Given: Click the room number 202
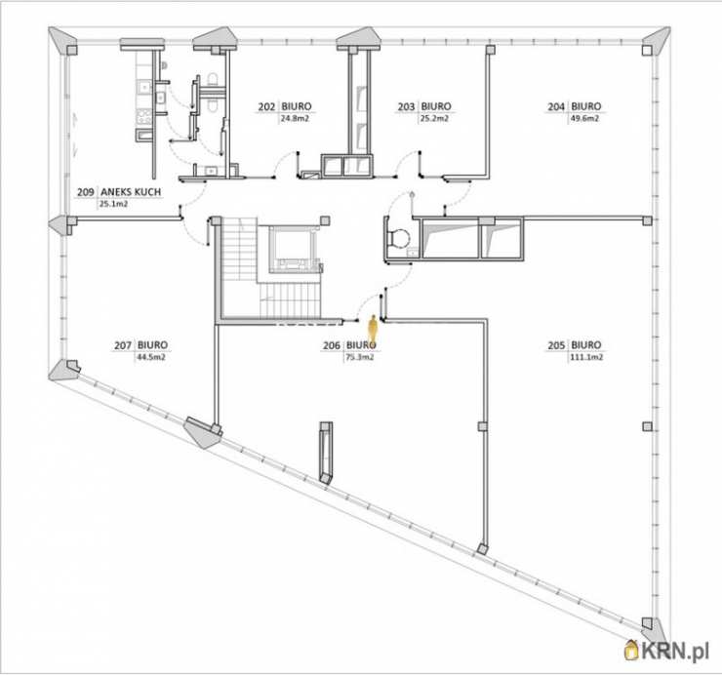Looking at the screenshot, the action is [x=266, y=107].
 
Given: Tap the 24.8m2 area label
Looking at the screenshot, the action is [x=295, y=119].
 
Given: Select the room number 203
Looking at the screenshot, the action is [x=406, y=107].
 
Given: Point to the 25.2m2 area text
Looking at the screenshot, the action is [x=435, y=119].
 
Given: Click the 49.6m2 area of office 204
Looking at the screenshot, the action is [x=584, y=119].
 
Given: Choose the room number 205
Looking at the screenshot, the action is [x=556, y=345].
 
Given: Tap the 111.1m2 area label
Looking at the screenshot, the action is [x=586, y=357].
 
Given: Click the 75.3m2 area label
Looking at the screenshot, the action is [x=360, y=357].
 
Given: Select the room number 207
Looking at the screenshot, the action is [x=123, y=345].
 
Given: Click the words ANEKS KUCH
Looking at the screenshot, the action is [x=132, y=192].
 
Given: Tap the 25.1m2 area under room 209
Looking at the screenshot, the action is [x=114, y=204].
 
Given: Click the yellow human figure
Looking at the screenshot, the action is [x=373, y=329].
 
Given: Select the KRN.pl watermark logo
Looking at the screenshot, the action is [x=666, y=651].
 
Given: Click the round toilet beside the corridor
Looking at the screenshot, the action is [x=400, y=239].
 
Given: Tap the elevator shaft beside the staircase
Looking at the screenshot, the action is [x=292, y=249].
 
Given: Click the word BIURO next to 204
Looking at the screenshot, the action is [x=586, y=107].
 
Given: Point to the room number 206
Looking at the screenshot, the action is [x=332, y=345].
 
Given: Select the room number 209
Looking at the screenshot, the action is [x=86, y=192].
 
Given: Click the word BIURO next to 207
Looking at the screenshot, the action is [x=153, y=345].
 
